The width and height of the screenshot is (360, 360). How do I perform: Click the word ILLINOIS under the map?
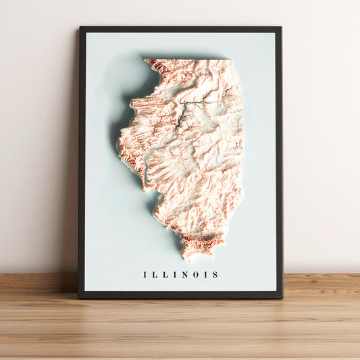(x=180, y=275)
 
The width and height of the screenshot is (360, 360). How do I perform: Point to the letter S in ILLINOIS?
(x=215, y=275)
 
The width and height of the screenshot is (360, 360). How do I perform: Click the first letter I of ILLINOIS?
(x=145, y=275)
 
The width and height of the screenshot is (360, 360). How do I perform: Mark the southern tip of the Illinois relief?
(x=191, y=258)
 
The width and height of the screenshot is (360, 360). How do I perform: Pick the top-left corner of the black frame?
(x=80, y=28)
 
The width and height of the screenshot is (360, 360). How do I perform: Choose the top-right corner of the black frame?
(x=280, y=28)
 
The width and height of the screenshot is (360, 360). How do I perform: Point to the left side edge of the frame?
(x=81, y=162)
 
